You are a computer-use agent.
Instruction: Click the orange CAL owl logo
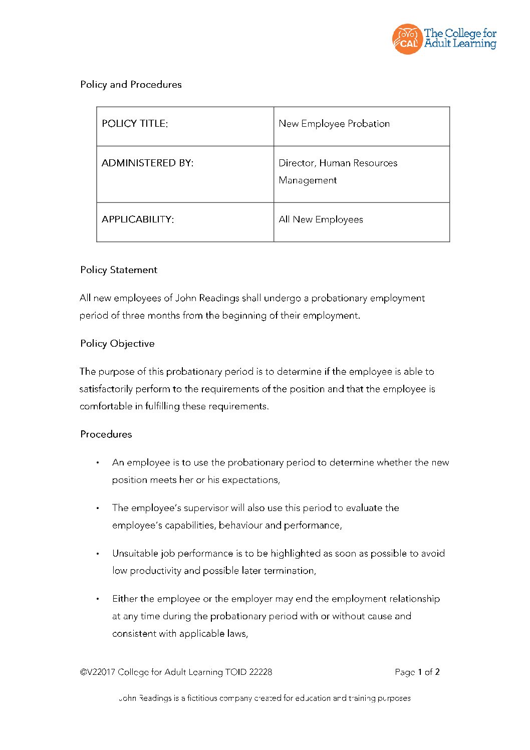tap(407, 39)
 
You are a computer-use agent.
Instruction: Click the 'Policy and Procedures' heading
tap(131, 85)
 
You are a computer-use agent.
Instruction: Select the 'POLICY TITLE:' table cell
tap(135, 124)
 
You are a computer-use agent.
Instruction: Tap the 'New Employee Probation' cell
tap(334, 124)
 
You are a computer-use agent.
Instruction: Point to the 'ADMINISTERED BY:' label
tap(147, 163)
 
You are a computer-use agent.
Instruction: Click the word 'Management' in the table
tap(308, 180)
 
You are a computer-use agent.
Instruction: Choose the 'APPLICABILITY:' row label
tap(138, 219)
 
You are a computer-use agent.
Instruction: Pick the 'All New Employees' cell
tap(321, 219)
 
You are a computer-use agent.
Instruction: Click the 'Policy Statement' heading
tap(119, 270)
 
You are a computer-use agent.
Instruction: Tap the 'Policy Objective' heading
tap(117, 344)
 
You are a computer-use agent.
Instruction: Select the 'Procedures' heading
tap(106, 434)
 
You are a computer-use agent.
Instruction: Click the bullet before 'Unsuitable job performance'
tap(98, 554)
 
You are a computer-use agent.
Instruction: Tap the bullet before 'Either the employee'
tap(98, 599)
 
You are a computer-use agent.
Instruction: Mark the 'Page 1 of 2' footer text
tap(417, 672)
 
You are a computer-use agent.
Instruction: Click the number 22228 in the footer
tap(260, 672)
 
